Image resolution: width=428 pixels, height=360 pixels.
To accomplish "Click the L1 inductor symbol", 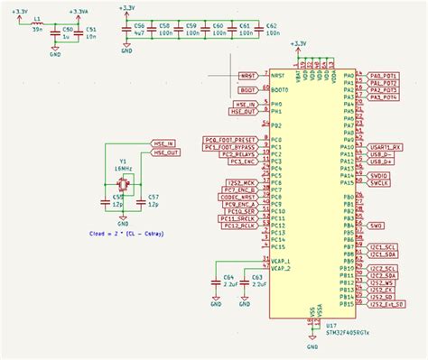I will [35, 25].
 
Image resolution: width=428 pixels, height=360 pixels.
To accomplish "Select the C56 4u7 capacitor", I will [139, 31].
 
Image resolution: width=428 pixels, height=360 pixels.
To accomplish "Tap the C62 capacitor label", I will [272, 27].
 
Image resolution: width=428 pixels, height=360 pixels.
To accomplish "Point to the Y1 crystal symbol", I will [120, 184].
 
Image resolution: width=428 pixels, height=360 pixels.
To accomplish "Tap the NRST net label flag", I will [247, 76].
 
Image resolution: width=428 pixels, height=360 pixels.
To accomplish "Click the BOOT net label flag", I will [248, 90].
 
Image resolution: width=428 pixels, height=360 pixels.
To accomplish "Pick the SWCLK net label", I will [379, 183].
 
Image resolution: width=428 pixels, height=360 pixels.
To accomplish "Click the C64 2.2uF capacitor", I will [216, 281].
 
